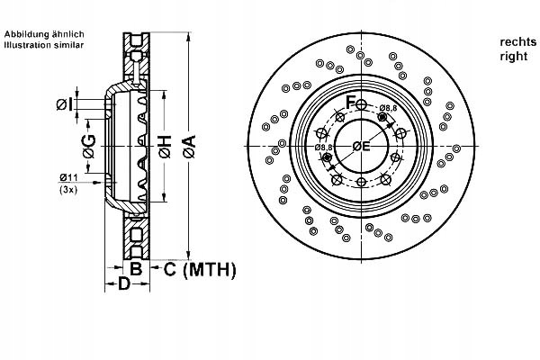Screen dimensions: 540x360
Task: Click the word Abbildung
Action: tap(25, 34)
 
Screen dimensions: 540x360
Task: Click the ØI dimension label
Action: tap(65, 105)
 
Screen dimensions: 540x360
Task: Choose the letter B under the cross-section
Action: tap(137, 268)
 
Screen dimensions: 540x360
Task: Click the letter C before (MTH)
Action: tap(169, 268)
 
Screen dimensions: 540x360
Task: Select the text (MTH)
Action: tap(209, 268)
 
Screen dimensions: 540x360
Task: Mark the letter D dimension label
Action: tap(125, 284)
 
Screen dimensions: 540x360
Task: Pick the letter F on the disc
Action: tap(352, 100)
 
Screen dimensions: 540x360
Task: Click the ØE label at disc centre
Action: tap(362, 147)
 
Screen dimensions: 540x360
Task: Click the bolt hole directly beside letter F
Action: tap(363, 103)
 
